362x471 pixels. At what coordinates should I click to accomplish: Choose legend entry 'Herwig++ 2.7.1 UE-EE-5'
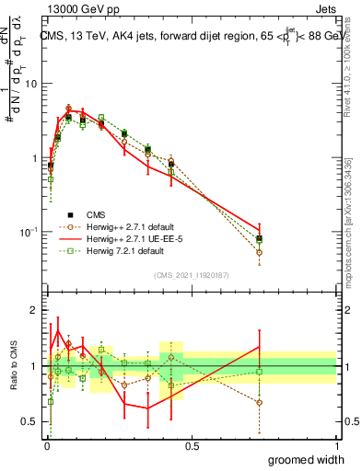click(x=136, y=237)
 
